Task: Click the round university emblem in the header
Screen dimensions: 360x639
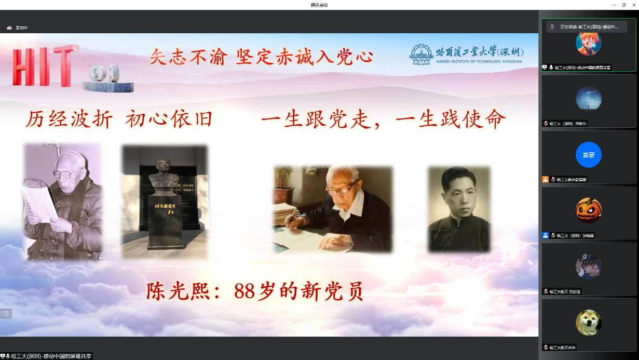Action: [x=421, y=54]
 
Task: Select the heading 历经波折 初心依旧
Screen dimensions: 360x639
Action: [x=119, y=120]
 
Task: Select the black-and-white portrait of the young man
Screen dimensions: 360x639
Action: [x=459, y=209]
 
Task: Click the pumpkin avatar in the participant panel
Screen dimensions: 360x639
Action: [x=589, y=210]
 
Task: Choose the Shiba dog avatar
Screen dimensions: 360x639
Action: [x=589, y=323]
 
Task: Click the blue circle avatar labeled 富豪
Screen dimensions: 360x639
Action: [x=589, y=155]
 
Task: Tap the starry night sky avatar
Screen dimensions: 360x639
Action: [x=589, y=98]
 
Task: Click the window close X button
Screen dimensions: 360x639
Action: [x=633, y=5]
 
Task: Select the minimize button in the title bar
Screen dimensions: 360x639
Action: [x=614, y=5]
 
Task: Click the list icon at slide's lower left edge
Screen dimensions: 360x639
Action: [x=6, y=313]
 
